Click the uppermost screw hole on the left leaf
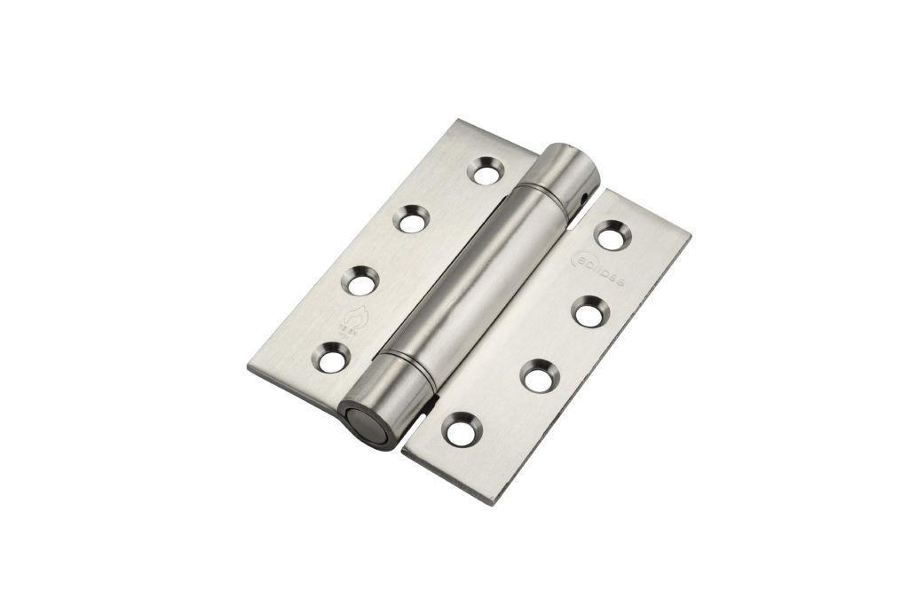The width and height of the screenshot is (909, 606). (485, 170)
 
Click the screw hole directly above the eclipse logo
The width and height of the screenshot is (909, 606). (613, 237)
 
